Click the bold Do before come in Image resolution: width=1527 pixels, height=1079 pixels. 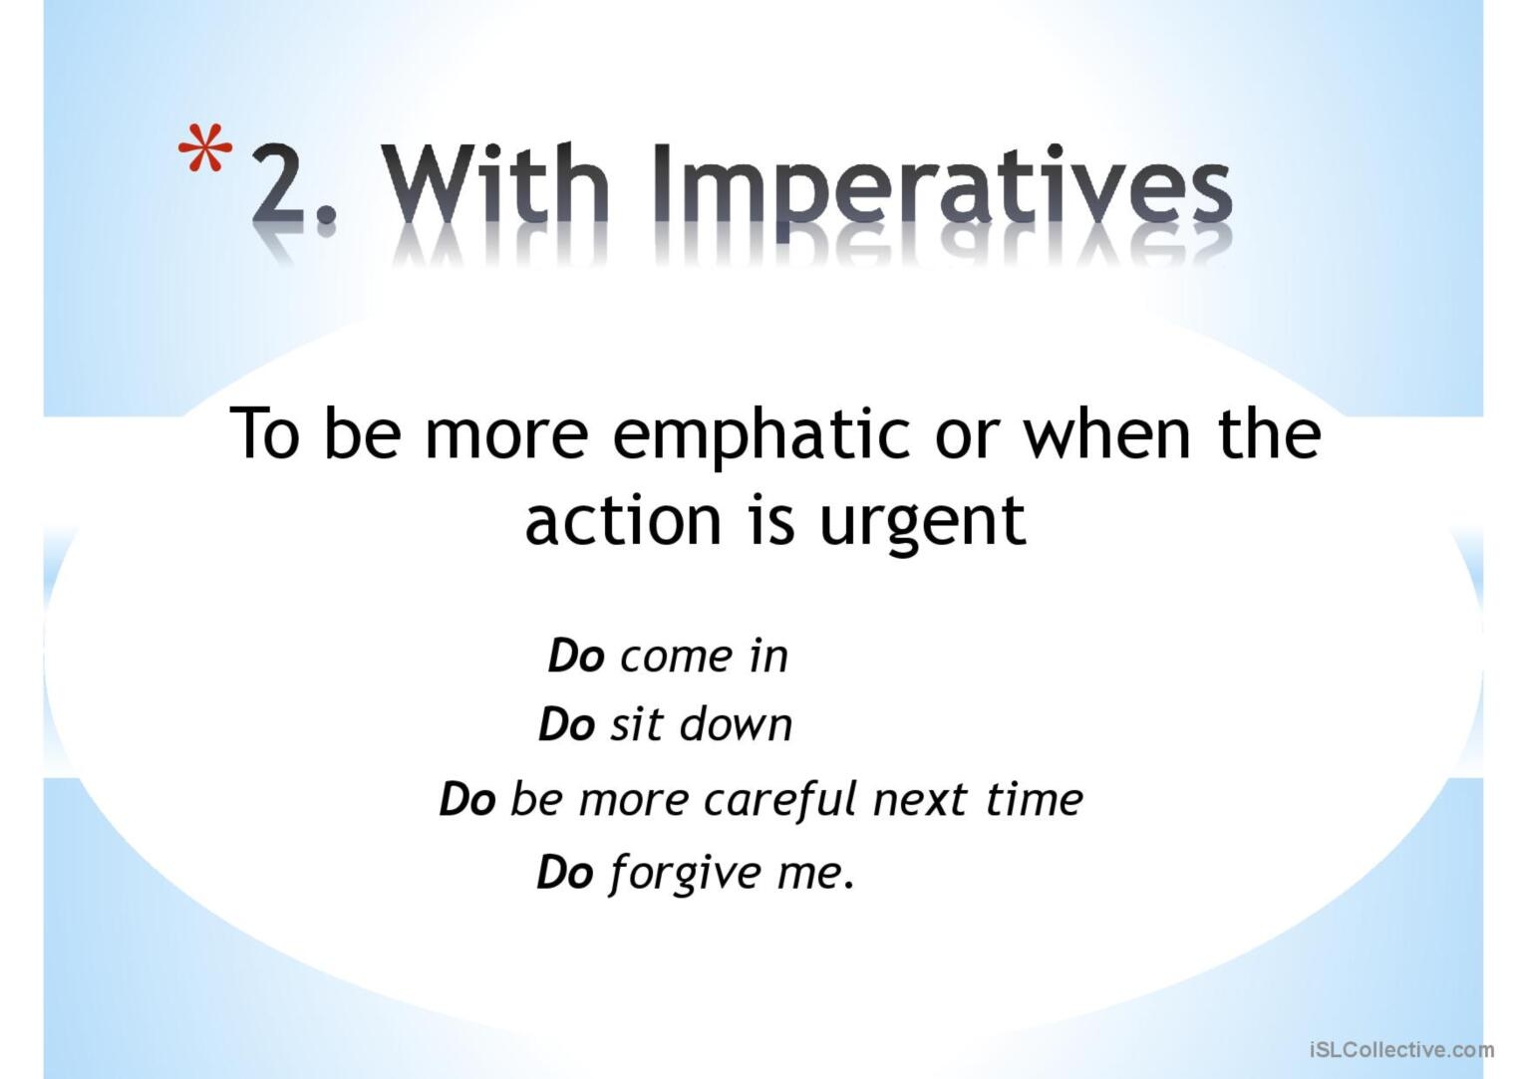tap(576, 657)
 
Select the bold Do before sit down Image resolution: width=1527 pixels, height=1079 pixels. tap(566, 725)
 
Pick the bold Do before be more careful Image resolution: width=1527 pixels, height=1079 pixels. tap(466, 800)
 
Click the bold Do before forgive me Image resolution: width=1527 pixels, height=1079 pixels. tap(564, 873)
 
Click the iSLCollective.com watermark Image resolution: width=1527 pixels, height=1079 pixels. tap(1401, 1049)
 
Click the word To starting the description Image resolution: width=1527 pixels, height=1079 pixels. tap(265, 434)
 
